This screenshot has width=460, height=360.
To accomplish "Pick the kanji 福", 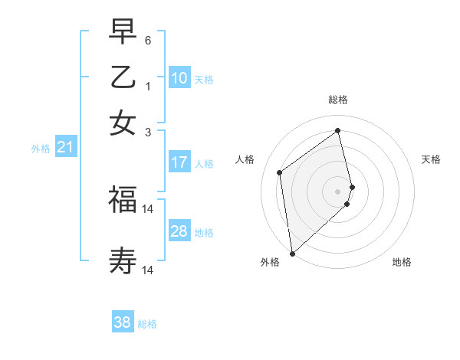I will tap(123, 200).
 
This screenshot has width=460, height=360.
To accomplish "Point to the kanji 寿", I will tap(123, 261).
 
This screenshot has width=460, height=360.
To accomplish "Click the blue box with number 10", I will tap(179, 78).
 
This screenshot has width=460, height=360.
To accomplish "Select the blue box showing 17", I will tap(179, 162).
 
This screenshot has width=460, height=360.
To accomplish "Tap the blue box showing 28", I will tap(179, 231).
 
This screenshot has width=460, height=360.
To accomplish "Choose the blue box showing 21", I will tap(65, 148).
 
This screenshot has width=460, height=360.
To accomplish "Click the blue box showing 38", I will tap(123, 322).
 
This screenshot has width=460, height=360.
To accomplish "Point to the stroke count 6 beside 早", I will tap(148, 40).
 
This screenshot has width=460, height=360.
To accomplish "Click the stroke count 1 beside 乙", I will tap(148, 87).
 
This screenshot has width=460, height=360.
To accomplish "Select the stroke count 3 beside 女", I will tap(148, 132).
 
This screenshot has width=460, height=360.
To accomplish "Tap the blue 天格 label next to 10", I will tap(204, 79).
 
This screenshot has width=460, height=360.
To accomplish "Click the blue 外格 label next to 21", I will tap(41, 149).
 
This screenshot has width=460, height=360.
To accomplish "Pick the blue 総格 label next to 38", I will tap(147, 324).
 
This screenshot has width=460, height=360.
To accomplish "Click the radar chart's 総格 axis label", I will tap(337, 100).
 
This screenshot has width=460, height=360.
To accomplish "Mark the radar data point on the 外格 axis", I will tap(291, 254).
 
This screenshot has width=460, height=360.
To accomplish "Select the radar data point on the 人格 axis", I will tap(280, 172).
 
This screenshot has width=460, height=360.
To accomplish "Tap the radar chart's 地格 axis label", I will tap(402, 263).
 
